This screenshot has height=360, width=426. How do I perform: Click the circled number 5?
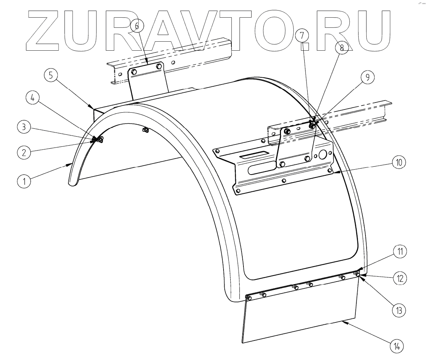[x=51, y=76]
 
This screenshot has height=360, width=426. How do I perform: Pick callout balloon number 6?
[x=137, y=26]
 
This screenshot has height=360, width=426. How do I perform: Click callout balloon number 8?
[x=341, y=47]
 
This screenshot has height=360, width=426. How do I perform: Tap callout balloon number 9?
[x=367, y=77]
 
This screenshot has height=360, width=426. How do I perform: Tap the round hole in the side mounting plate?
[x=323, y=154]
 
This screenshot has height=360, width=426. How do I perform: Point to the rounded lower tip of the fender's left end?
[x=72, y=182]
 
